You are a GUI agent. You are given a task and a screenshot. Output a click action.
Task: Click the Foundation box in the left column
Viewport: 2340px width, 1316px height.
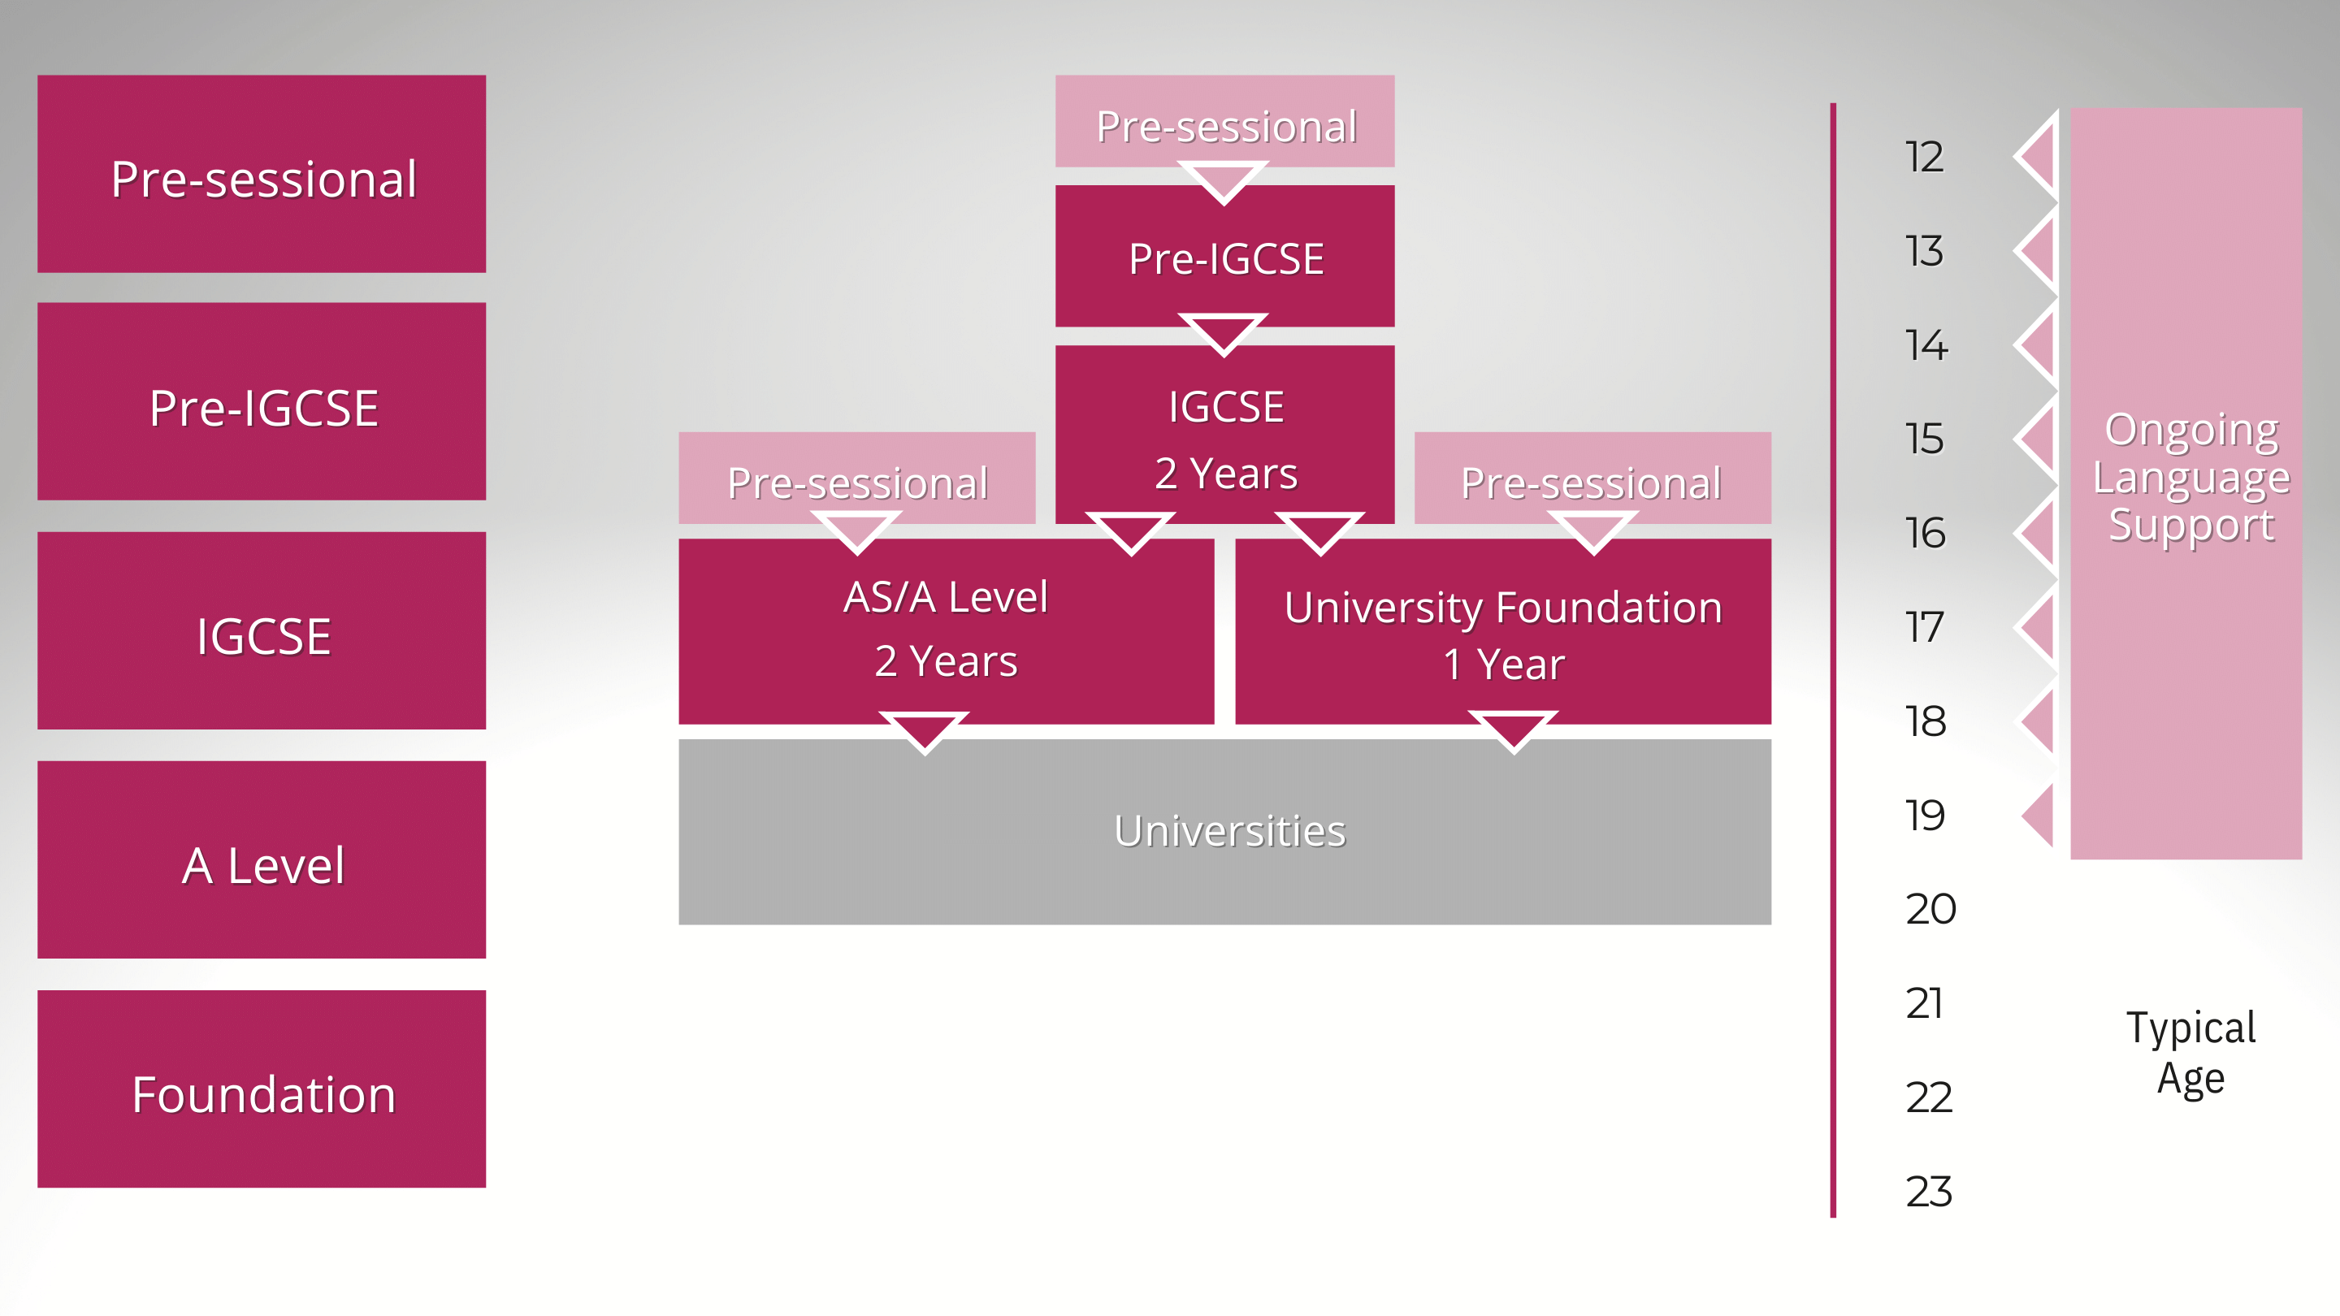[262, 1089]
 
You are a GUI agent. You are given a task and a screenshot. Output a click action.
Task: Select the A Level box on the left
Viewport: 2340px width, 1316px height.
[262, 860]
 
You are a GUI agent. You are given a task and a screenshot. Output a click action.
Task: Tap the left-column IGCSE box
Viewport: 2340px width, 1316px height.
[262, 631]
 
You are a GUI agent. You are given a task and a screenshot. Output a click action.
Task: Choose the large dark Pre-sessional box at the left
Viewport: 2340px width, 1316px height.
[262, 175]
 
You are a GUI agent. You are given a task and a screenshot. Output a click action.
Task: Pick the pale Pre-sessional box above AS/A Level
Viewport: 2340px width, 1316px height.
[856, 479]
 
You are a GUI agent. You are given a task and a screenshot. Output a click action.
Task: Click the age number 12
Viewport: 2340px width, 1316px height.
[1924, 157]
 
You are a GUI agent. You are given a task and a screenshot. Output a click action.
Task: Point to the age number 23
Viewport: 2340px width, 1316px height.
[1927, 1192]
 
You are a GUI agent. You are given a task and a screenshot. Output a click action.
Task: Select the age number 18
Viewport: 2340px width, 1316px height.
[1925, 722]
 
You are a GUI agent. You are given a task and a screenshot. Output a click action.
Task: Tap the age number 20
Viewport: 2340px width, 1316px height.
[1930, 909]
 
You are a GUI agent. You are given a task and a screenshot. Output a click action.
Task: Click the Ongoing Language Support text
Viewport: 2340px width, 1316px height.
[2190, 477]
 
